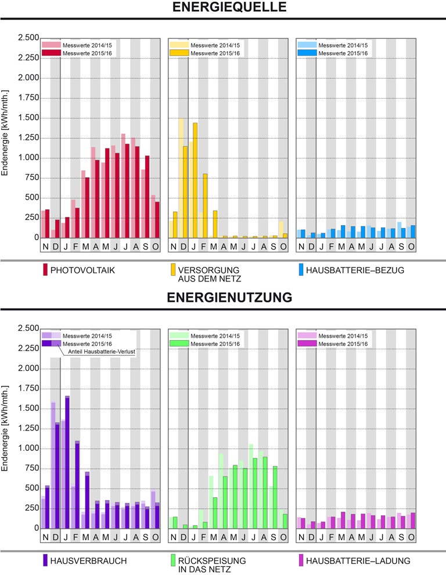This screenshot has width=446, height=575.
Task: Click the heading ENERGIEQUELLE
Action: pyautogui.click(x=222, y=8)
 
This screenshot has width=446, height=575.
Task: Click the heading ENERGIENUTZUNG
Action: pyautogui.click(x=222, y=298)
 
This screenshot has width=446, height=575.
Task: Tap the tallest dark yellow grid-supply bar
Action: pyautogui.click(x=195, y=180)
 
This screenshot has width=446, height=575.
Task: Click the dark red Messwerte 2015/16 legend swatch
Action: pyautogui.click(x=51, y=53)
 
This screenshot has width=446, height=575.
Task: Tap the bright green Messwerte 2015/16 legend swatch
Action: pyautogui.click(x=178, y=344)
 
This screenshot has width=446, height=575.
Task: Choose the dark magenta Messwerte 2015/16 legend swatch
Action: pyautogui.click(x=306, y=344)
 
